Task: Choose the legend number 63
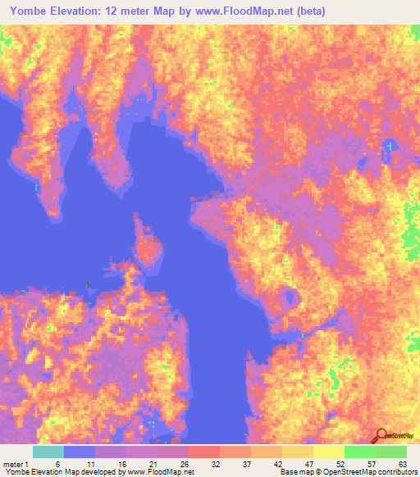401,464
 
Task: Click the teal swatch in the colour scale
48,452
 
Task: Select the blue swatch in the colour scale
80,452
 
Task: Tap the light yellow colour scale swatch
328,452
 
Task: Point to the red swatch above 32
204,452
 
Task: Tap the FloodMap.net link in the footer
168,472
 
